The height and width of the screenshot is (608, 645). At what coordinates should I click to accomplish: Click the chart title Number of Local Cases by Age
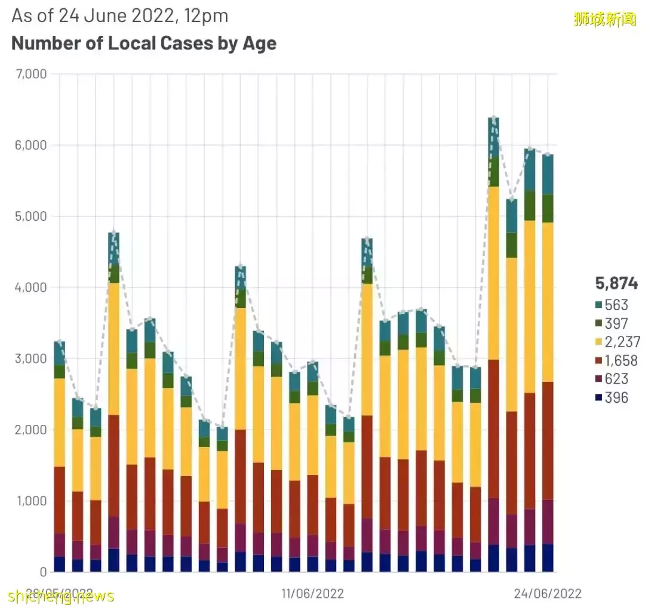click(x=144, y=43)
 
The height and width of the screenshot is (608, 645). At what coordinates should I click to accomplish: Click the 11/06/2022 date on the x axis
click(x=312, y=594)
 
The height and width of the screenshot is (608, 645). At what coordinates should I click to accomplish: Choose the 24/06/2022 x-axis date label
click(x=548, y=594)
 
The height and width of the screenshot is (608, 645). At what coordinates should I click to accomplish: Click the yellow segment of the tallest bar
click(x=494, y=273)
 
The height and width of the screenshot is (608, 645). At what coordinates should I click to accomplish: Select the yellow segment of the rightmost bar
click(x=548, y=302)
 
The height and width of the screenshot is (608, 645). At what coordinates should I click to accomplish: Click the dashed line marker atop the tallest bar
click(x=494, y=118)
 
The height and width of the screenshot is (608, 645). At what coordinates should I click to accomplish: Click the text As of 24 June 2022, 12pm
click(x=120, y=16)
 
